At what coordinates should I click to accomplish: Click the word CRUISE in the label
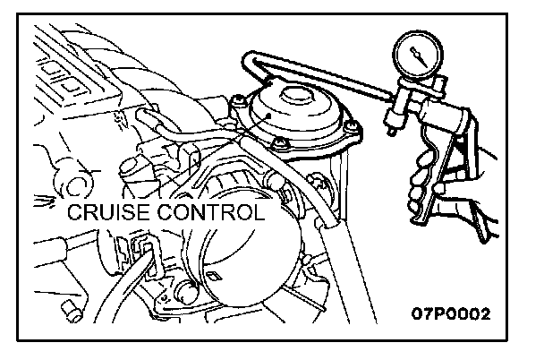tap(107, 212)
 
